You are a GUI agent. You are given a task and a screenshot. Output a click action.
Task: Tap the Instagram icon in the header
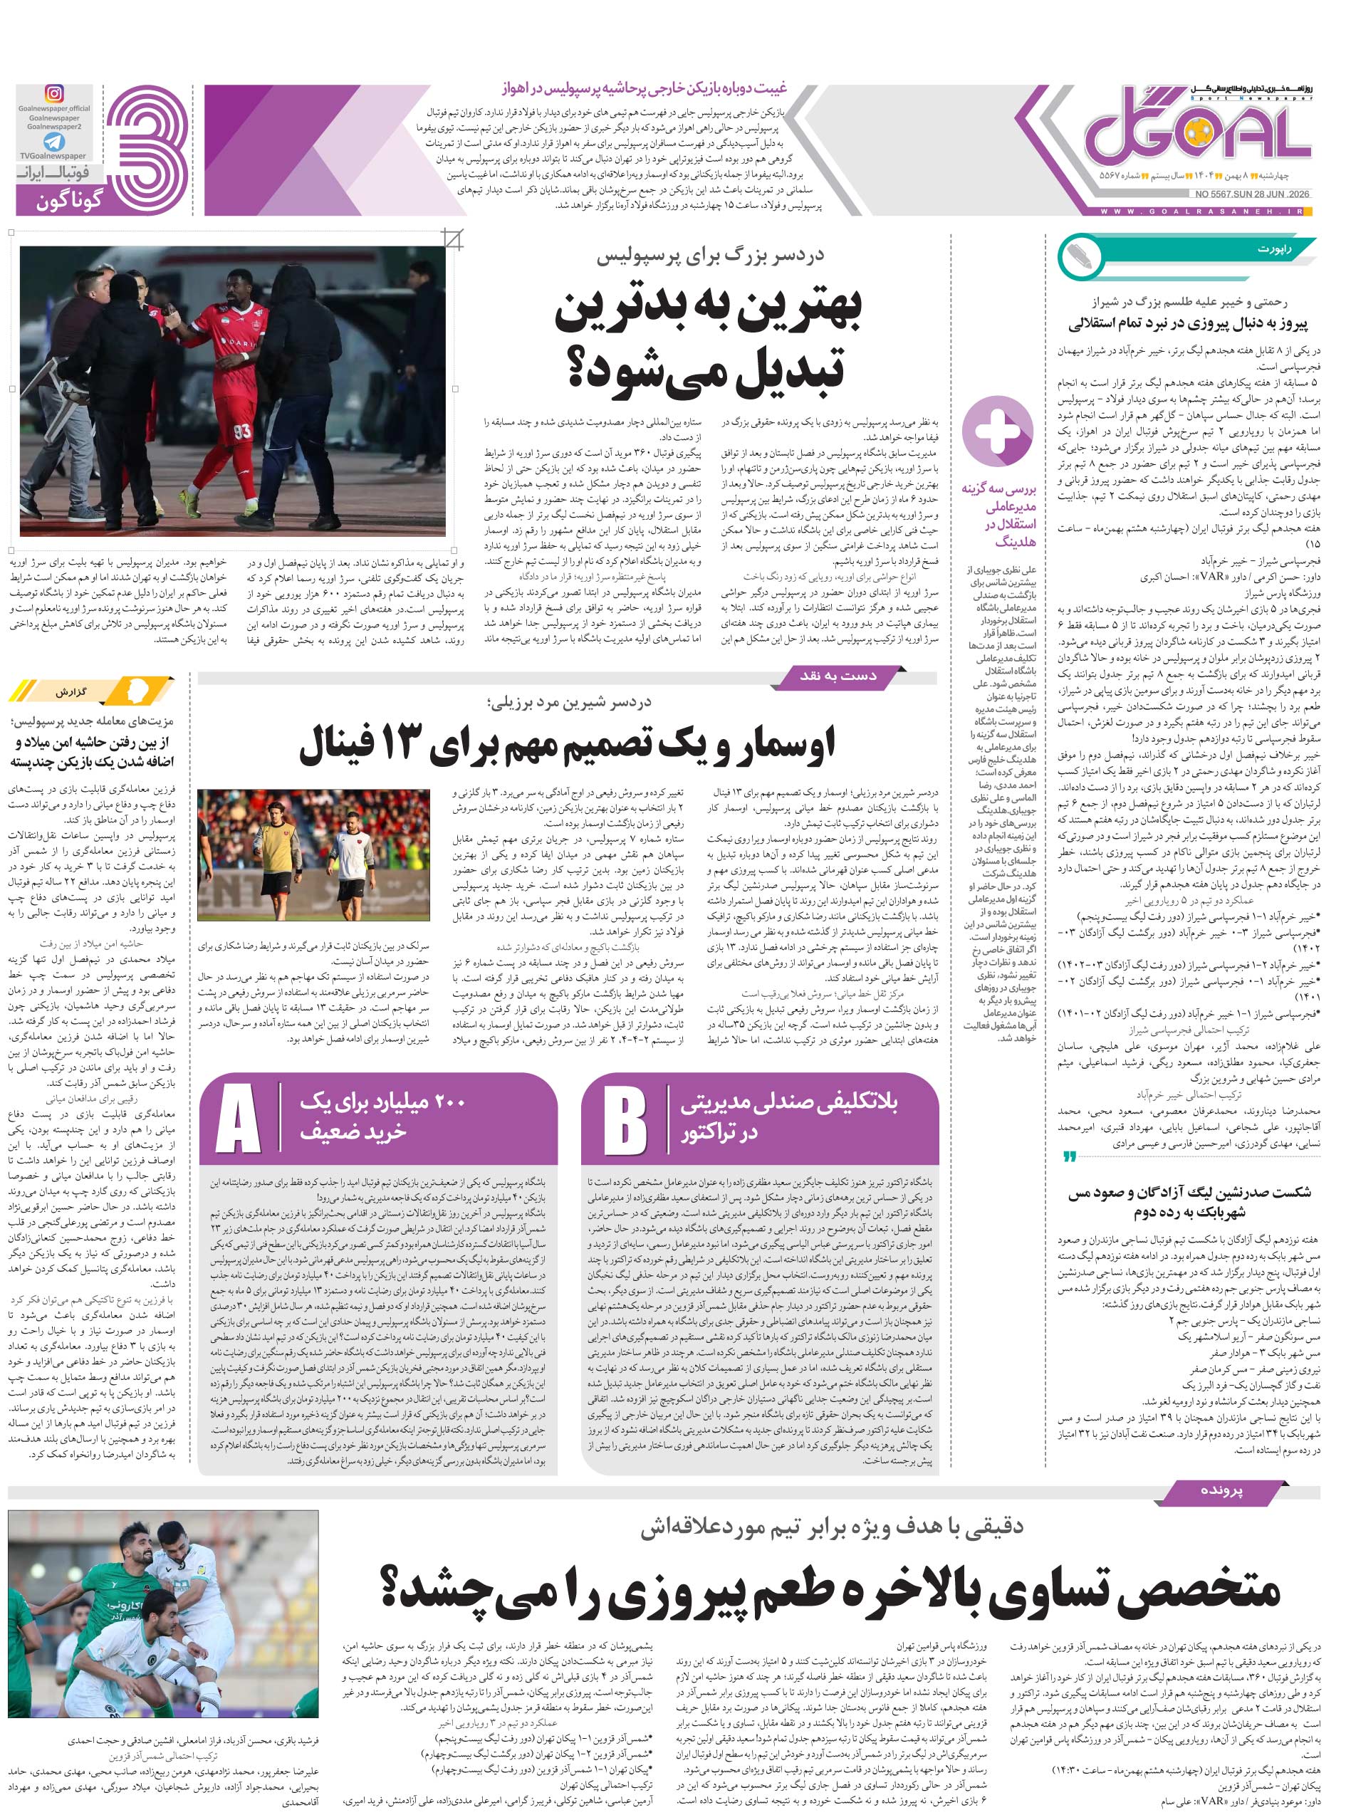55,94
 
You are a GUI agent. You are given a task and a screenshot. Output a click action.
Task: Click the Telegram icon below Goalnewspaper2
55,142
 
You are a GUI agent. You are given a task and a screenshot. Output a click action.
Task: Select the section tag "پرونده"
1221,1489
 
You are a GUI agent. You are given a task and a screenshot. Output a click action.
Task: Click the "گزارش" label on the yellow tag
72,692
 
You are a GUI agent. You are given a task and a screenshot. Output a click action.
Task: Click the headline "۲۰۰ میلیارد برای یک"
382,1102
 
